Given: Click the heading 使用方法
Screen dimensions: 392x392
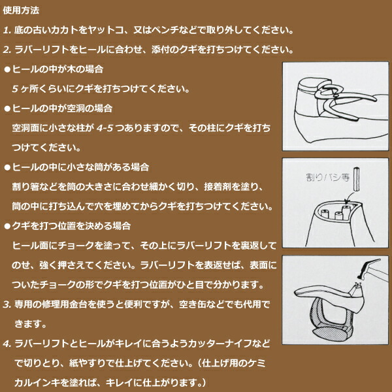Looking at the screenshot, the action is [x=21, y=10].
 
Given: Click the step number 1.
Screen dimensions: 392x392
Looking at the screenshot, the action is [x=7, y=31].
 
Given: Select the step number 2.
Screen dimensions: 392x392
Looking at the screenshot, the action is [x=7, y=50].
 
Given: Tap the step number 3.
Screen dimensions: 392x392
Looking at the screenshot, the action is [x=7, y=304].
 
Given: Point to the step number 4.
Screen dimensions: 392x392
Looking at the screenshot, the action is [x=7, y=344].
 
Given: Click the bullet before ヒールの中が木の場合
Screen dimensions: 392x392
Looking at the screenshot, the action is [x=7, y=69].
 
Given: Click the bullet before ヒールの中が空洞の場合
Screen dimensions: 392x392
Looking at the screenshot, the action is [x=7, y=108].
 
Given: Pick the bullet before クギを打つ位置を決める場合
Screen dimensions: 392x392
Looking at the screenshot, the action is [x=7, y=226].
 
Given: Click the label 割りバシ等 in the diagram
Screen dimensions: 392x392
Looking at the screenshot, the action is [x=328, y=177].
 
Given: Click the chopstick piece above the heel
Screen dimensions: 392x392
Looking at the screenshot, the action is [x=357, y=179].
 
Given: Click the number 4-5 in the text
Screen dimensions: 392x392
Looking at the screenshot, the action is [x=105, y=128].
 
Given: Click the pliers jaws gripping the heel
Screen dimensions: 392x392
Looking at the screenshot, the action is [x=325, y=93].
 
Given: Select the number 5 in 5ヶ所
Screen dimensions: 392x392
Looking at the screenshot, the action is [x=15, y=90].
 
